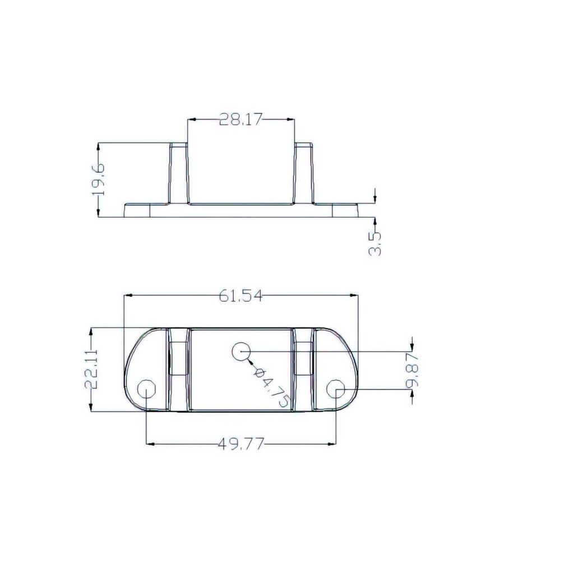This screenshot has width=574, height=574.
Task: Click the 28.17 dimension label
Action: coord(240,119)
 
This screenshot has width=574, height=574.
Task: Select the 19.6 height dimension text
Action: coord(99,179)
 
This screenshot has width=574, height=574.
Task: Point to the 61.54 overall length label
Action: coord(240,296)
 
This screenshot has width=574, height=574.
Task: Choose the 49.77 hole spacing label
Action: coord(240,445)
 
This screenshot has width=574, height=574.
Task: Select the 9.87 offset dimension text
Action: coord(413,371)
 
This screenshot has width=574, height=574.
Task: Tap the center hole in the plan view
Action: coord(241,351)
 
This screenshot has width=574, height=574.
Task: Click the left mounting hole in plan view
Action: coord(146,388)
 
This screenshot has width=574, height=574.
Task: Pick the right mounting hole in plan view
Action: coord(336,388)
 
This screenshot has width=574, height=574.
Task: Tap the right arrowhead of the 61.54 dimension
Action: coord(354,295)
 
